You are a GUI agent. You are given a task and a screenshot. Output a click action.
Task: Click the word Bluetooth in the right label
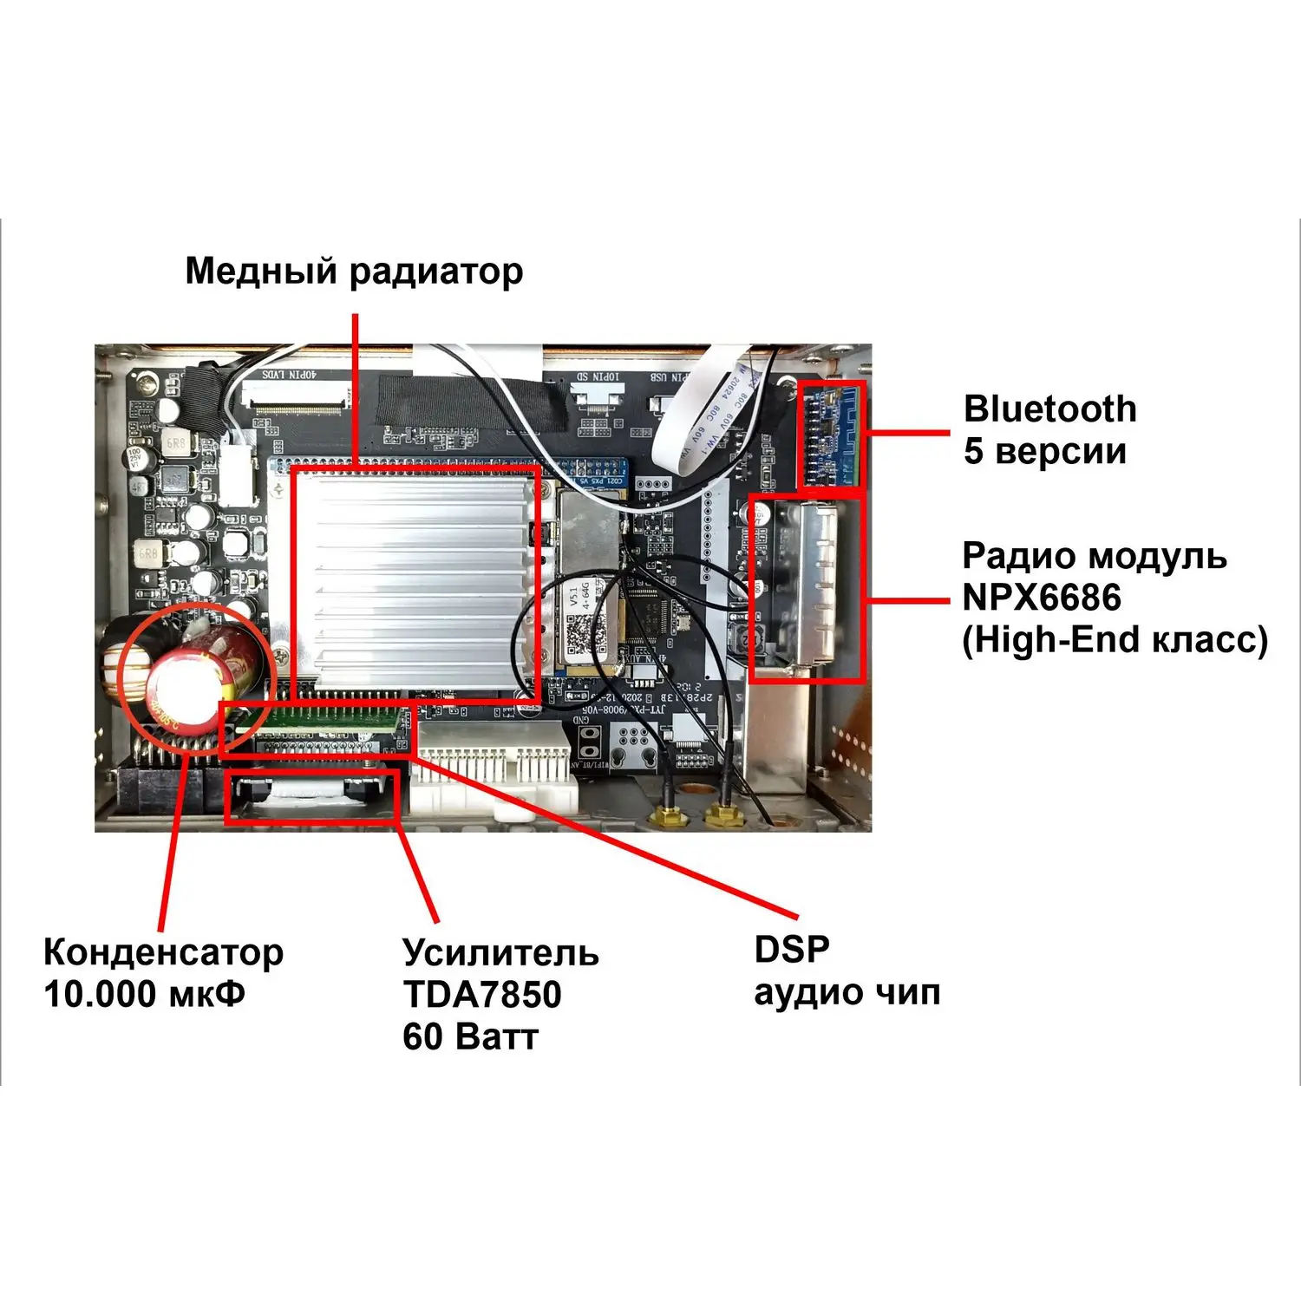point(1049,409)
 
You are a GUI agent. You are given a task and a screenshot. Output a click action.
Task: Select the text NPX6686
point(1042,598)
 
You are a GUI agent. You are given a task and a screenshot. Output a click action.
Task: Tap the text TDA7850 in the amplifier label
point(482,995)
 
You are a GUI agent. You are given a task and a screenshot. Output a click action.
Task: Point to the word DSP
point(792,950)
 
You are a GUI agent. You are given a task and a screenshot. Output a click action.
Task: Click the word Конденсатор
point(163,952)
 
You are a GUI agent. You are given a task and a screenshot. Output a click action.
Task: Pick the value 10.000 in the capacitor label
point(99,994)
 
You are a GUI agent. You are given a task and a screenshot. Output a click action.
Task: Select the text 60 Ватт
point(470,1037)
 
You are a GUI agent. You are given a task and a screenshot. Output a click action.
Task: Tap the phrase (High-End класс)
point(1115,640)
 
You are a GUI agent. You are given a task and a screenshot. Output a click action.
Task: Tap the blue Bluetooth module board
point(831,434)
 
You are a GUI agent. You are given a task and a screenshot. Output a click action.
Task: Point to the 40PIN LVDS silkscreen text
point(291,375)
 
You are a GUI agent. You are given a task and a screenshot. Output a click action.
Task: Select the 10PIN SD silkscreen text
point(598,377)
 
